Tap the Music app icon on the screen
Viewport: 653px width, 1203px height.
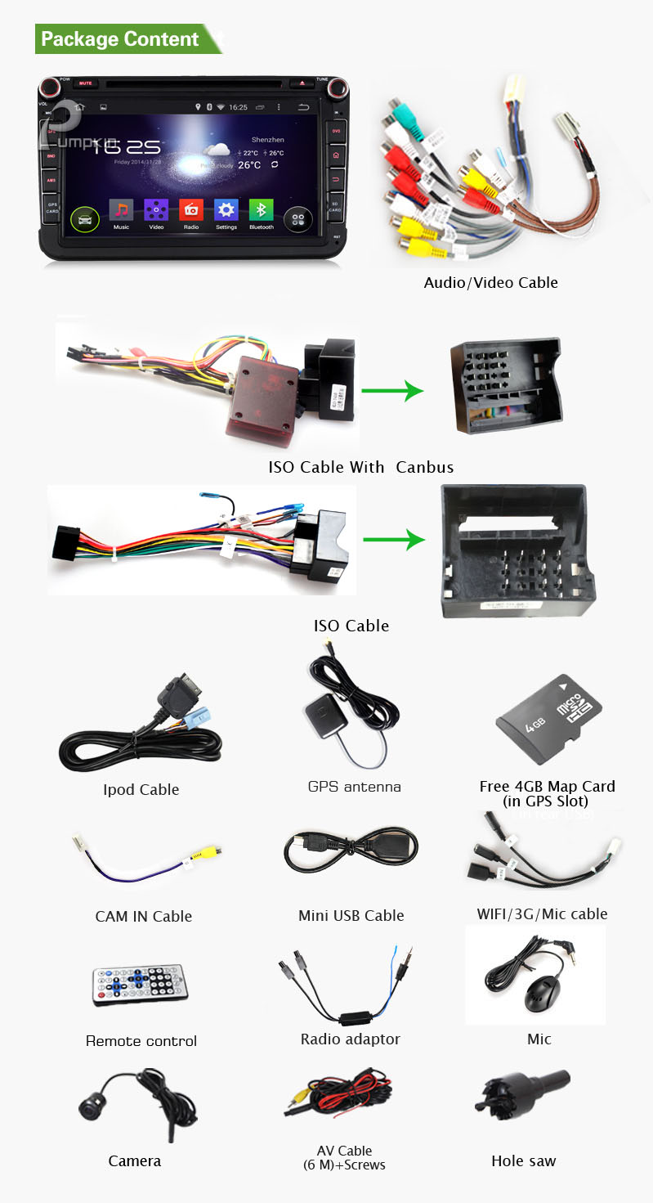(121, 210)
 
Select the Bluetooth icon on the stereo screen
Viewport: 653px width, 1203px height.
(261, 210)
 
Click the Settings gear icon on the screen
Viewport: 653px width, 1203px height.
(226, 210)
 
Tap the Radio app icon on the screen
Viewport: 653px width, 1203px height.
(191, 210)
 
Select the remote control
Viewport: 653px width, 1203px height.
(140, 985)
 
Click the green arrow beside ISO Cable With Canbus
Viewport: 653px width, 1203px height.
(392, 391)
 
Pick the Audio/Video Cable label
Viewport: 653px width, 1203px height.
(490, 283)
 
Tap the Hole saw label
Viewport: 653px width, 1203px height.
(523, 1160)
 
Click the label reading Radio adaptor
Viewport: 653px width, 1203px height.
(350, 1039)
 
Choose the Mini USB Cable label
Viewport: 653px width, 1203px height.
(351, 915)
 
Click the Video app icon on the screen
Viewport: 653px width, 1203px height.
(156, 210)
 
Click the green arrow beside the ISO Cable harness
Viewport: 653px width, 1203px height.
(394, 541)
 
